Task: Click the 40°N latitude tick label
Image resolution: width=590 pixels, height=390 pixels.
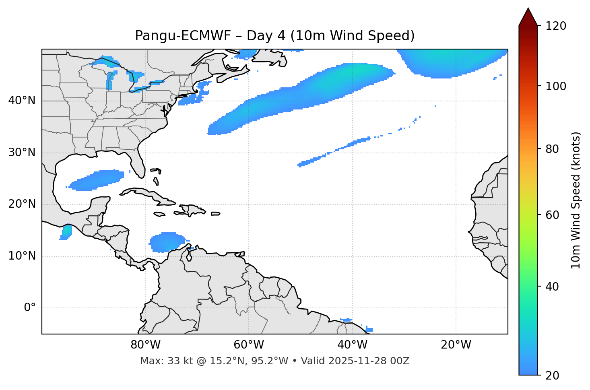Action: click(22, 101)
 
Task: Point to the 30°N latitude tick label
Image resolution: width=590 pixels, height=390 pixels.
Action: click(22, 153)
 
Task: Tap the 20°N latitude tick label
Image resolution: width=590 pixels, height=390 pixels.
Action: click(22, 204)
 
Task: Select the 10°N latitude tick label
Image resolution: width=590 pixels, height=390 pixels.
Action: click(22, 256)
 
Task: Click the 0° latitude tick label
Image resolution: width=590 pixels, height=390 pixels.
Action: click(30, 308)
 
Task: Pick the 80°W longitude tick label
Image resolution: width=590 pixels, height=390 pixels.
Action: click(145, 345)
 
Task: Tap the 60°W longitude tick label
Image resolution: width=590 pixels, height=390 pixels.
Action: click(249, 345)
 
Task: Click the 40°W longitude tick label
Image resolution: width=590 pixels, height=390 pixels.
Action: click(353, 345)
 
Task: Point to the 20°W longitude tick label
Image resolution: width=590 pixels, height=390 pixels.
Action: click(456, 345)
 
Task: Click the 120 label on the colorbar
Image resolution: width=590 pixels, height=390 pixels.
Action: click(556, 26)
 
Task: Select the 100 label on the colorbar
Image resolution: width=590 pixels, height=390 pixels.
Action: click(556, 86)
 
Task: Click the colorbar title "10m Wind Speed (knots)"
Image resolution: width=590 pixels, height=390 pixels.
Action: click(576, 200)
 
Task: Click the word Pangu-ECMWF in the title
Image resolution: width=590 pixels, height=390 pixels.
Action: click(183, 36)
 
